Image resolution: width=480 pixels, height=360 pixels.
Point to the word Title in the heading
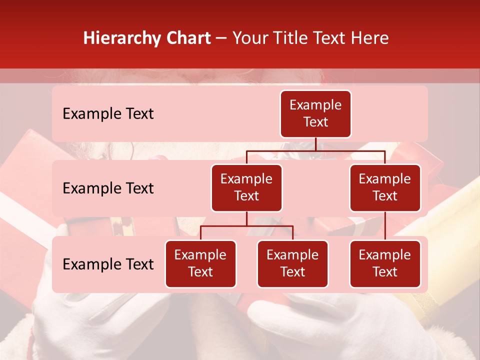pyautogui.click(x=295, y=38)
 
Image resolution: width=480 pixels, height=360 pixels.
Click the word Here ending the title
pyautogui.click(x=369, y=38)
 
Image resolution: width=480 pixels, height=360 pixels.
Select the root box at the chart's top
pyautogui.click(x=315, y=113)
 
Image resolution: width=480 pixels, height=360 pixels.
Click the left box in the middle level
pyautogui.click(x=246, y=187)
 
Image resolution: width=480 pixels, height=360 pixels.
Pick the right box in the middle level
pyautogui.click(x=385, y=187)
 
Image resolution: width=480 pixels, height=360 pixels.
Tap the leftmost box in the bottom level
pyautogui.click(x=200, y=263)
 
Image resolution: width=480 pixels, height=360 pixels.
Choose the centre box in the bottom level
pyautogui.click(x=292, y=263)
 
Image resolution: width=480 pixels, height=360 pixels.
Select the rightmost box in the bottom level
pyautogui.click(x=385, y=263)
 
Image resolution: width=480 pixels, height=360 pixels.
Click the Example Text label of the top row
pyautogui.click(x=108, y=114)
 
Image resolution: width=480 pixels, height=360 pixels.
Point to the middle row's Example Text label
pyautogui.click(x=108, y=188)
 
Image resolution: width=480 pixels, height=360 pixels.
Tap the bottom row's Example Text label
pyautogui.click(x=108, y=264)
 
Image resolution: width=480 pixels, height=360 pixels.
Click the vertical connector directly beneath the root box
pyautogui.click(x=315, y=144)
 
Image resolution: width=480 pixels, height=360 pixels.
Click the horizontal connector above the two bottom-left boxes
pyautogui.click(x=246, y=226)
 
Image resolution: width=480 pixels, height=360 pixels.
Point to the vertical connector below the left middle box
pyautogui.click(x=246, y=218)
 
